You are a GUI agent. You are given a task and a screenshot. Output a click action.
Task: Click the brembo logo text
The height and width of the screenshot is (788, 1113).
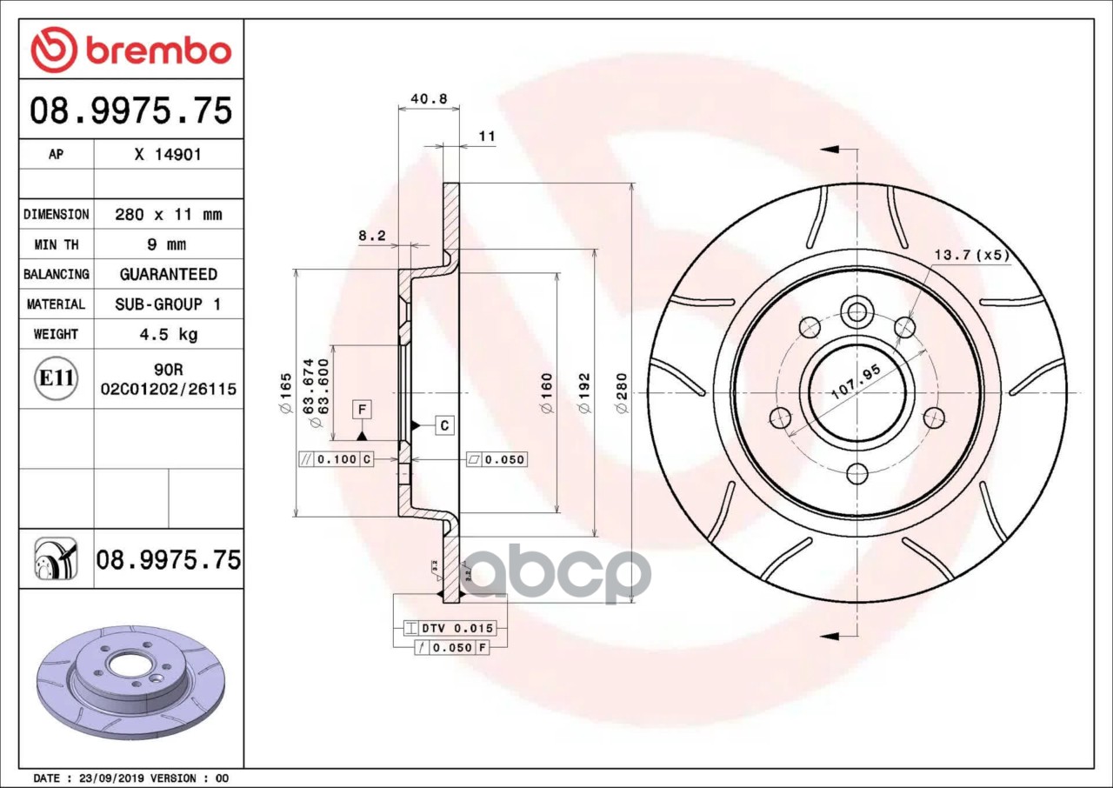[159, 51]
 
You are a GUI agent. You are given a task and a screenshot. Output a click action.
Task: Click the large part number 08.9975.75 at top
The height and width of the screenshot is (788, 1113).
[131, 110]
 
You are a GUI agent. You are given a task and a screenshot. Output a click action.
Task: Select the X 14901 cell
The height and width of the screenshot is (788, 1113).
[169, 155]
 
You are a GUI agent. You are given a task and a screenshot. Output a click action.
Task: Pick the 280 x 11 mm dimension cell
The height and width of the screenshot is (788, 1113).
[169, 215]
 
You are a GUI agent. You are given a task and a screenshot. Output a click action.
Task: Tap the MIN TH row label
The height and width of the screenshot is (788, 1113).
[57, 244]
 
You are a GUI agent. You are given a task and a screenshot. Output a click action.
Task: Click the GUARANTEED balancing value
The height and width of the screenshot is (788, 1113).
[169, 274]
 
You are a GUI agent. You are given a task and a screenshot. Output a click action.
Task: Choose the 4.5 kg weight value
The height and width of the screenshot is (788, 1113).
[169, 334]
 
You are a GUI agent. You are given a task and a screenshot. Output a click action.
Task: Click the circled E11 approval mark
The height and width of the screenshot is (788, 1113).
[57, 378]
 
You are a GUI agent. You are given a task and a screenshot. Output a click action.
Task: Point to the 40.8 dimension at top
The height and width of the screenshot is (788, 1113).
[429, 98]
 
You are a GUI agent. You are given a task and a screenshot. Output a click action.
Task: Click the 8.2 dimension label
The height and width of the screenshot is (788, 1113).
[372, 236]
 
